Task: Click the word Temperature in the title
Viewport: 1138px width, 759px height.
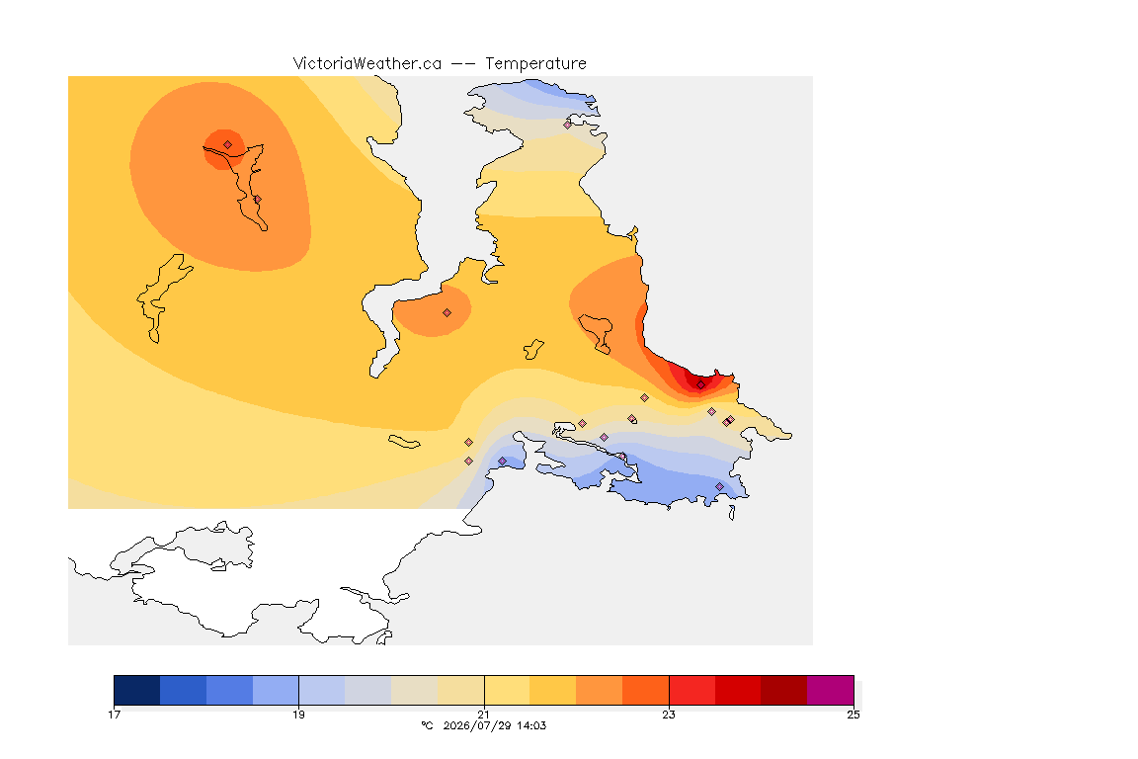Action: coord(535,64)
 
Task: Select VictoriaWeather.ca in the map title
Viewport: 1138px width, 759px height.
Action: coord(367,64)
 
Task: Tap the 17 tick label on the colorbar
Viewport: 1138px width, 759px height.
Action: coord(114,715)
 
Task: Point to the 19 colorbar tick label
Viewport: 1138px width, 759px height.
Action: coord(299,715)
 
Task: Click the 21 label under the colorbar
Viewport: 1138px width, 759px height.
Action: coord(484,715)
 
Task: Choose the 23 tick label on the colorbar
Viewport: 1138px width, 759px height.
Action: coord(669,715)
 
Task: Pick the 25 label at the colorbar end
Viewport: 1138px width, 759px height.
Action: coord(853,715)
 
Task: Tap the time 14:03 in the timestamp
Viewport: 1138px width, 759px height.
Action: coord(531,725)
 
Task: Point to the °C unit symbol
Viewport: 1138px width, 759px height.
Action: coord(427,725)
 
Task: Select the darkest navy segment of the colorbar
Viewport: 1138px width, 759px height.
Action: coord(137,690)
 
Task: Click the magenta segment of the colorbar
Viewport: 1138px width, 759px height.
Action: coord(830,690)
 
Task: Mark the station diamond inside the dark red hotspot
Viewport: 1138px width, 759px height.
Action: coord(700,385)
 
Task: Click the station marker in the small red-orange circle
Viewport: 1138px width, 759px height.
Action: coord(228,145)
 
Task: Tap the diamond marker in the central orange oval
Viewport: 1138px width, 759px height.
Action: coord(447,313)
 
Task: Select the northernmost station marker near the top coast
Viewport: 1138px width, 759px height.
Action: coord(568,125)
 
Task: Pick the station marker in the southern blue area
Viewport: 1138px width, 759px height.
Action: coord(719,486)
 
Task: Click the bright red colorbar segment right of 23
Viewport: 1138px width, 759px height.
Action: coord(691,690)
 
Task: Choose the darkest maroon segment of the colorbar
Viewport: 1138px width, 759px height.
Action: coord(783,690)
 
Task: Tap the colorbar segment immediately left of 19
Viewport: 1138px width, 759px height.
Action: coord(276,690)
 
